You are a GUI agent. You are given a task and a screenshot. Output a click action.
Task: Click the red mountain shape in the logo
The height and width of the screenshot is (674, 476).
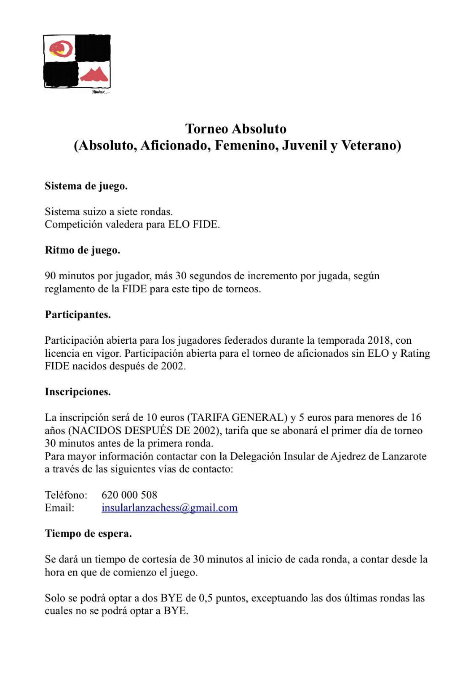pos(95,75)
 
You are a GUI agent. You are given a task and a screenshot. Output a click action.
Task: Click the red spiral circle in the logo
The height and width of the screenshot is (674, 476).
pos(62,49)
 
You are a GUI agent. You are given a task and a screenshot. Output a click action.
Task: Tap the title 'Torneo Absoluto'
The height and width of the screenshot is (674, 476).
pos(235,128)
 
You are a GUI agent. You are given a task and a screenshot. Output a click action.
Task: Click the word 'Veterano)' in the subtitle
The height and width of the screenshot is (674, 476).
pos(371,145)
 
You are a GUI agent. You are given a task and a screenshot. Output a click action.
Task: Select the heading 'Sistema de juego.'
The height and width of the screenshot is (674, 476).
pos(86,186)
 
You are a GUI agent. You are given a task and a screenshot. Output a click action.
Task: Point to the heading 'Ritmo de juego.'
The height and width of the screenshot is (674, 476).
pos(83,250)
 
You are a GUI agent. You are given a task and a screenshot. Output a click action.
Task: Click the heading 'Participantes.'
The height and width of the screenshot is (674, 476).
pos(78,315)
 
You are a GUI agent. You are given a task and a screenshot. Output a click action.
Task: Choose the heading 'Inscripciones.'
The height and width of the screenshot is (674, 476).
pos(78,392)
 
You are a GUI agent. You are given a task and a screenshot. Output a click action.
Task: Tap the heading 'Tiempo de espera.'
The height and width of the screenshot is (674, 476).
pos(88,533)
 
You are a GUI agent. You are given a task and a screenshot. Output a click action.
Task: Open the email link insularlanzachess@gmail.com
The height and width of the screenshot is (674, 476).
pos(169,508)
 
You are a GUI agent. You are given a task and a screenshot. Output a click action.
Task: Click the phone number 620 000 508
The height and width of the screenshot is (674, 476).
pos(129,495)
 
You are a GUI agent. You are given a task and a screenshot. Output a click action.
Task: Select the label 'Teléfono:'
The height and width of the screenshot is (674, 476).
pos(66,495)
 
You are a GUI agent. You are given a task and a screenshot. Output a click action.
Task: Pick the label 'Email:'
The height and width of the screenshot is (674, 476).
pos(59,508)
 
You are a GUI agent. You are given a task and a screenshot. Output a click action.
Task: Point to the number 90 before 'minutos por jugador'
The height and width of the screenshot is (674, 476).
pos(51,276)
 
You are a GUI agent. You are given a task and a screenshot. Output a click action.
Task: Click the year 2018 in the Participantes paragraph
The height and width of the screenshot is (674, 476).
pos(379,340)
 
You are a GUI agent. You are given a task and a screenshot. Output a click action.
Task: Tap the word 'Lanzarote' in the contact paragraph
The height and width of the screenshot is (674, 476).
pos(404,456)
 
